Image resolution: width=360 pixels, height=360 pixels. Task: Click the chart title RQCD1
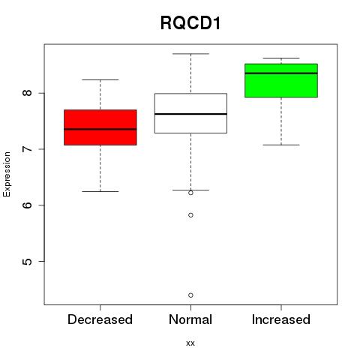click(x=190, y=23)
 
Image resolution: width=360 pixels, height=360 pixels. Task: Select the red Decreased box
click(x=100, y=127)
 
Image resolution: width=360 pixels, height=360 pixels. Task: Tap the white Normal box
click(x=190, y=113)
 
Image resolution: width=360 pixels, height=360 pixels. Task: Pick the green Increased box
click(x=281, y=80)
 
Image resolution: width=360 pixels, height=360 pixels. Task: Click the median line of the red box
click(x=100, y=129)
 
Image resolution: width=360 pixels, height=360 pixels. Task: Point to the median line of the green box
click(x=281, y=73)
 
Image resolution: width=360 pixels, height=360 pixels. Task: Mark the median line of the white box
click(x=190, y=114)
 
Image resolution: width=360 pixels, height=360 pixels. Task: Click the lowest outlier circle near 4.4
click(x=190, y=295)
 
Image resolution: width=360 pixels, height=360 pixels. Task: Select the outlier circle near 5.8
click(x=190, y=215)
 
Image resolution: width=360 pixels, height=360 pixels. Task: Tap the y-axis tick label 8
click(x=27, y=93)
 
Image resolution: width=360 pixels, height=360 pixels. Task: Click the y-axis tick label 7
click(x=27, y=149)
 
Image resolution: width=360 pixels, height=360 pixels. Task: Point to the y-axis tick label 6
click(x=27, y=205)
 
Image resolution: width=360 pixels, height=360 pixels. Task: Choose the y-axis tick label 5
click(x=27, y=262)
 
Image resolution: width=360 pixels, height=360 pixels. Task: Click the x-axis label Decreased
click(x=100, y=319)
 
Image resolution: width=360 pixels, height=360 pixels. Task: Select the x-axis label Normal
click(x=190, y=319)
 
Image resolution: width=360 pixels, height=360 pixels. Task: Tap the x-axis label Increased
click(x=281, y=319)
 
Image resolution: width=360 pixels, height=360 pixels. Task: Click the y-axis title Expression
click(x=7, y=174)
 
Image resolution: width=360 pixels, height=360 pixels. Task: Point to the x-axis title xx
click(x=190, y=343)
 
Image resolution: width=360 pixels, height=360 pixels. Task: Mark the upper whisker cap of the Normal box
click(x=190, y=54)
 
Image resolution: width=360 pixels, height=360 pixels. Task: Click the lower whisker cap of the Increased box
click(x=281, y=145)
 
